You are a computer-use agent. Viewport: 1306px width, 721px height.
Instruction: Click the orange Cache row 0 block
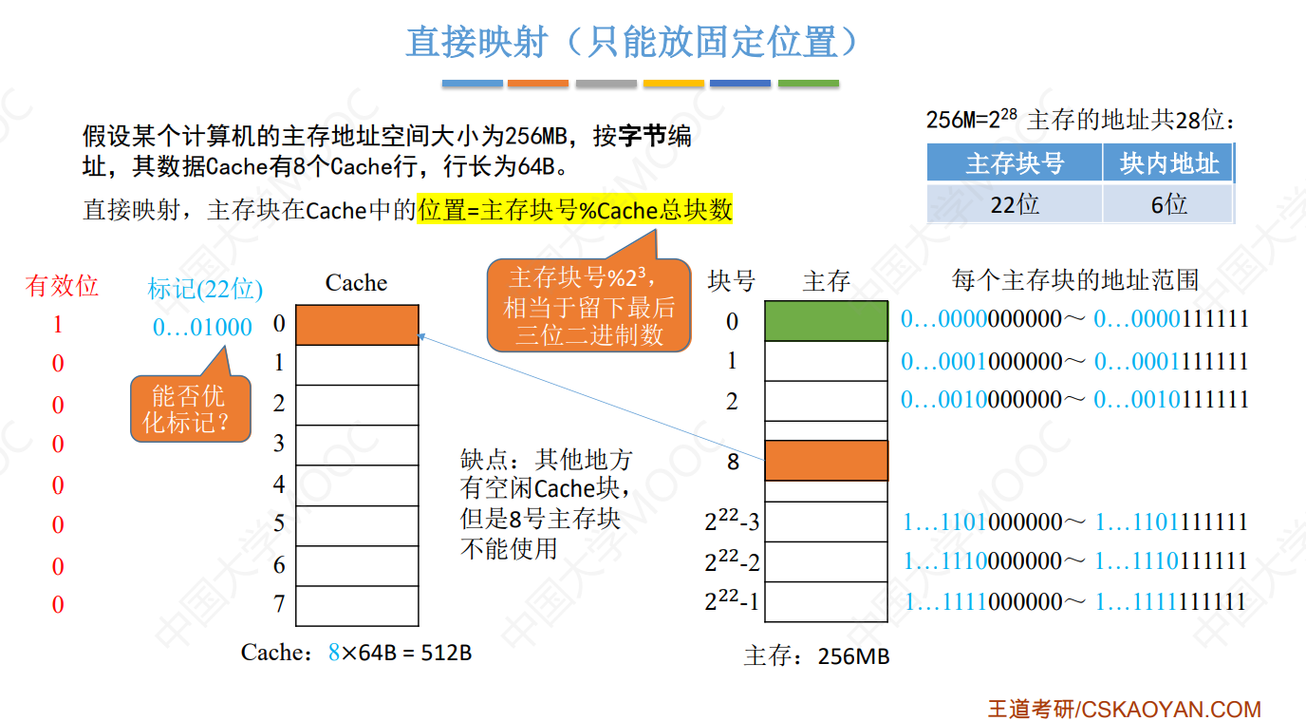click(357, 324)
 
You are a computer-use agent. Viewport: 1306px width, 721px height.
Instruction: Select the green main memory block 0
click(826, 321)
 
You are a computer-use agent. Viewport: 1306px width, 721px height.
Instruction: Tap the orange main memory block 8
click(826, 461)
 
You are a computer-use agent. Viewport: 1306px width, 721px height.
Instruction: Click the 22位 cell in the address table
click(1014, 203)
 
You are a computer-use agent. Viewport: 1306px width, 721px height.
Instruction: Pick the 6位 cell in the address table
click(1167, 203)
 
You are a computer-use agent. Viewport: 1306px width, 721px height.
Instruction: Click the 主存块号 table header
click(1014, 163)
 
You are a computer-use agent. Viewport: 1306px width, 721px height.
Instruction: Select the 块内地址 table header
click(1167, 163)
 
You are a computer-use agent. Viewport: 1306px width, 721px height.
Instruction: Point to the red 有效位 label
click(62, 286)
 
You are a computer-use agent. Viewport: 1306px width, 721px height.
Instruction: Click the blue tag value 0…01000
click(202, 328)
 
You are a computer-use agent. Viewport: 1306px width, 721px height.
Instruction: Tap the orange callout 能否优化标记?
click(190, 408)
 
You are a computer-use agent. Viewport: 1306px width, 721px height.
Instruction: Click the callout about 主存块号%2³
click(588, 306)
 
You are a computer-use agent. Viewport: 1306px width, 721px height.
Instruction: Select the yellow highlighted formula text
click(575, 210)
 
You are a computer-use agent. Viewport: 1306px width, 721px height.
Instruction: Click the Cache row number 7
click(279, 604)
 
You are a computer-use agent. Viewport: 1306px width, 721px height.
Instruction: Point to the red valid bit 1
click(58, 325)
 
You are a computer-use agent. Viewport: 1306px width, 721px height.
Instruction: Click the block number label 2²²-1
click(732, 601)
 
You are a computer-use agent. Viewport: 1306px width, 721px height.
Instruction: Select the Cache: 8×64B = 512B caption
click(356, 653)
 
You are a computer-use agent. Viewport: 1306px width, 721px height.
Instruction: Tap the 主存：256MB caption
click(816, 656)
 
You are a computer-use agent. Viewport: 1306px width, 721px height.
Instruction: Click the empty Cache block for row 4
click(357, 484)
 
